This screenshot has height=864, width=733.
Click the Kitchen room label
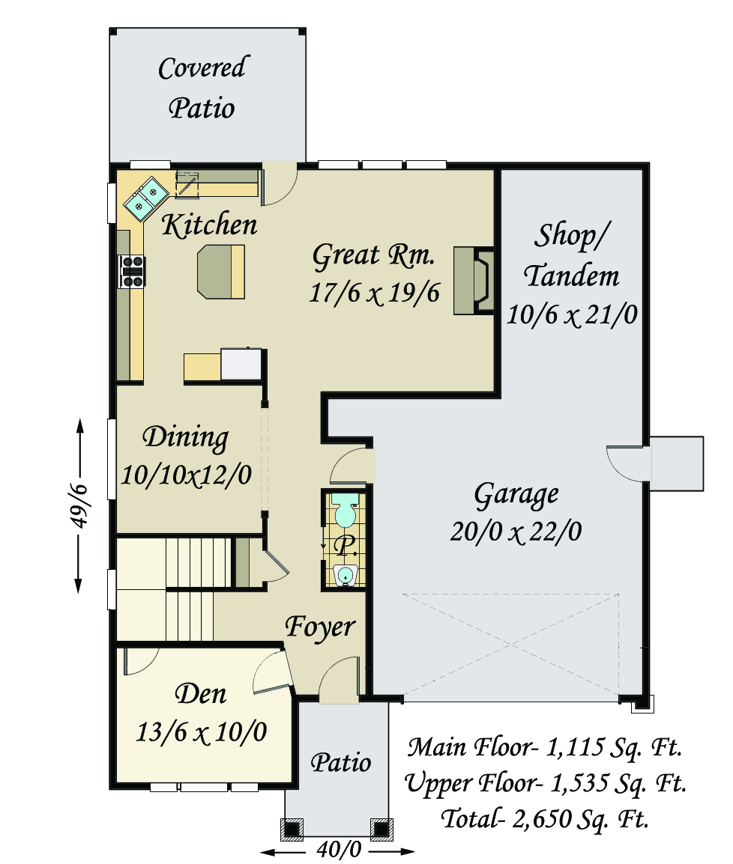(209, 225)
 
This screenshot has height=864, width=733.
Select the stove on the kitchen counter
(132, 271)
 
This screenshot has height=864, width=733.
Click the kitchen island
(220, 273)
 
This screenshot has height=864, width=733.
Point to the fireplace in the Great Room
(473, 281)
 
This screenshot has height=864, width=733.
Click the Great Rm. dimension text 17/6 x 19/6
(375, 293)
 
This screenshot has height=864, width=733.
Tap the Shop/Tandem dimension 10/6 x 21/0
(572, 315)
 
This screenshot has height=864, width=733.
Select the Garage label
(516, 495)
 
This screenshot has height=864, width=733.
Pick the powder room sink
(346, 575)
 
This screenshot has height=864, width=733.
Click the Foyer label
(320, 627)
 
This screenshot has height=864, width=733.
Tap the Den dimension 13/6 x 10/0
(202, 732)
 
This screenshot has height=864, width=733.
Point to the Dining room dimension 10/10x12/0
(187, 475)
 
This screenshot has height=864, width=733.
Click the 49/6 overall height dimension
(79, 505)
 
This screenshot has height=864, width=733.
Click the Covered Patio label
(203, 88)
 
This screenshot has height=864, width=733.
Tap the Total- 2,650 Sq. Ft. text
(544, 819)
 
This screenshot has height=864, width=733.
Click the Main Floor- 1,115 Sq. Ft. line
(545, 747)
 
